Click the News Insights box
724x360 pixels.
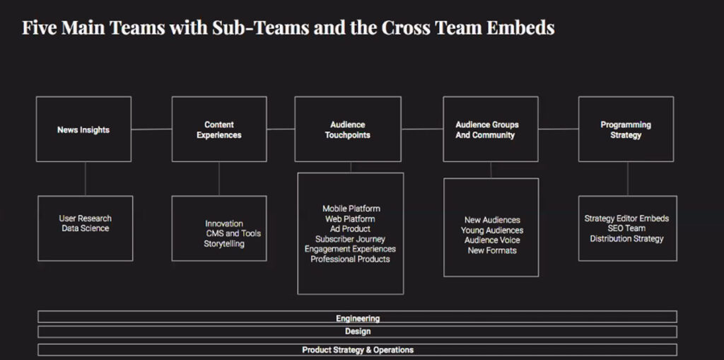[x=83, y=129]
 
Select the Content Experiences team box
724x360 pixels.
[x=219, y=129]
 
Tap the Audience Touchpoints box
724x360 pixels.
[x=347, y=129]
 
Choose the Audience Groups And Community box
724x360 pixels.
[x=486, y=129]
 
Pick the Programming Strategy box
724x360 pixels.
[x=626, y=129]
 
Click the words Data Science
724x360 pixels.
[x=86, y=228]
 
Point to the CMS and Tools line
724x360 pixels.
[x=233, y=233]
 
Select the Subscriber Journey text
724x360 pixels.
[x=350, y=239]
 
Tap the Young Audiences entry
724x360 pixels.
[x=492, y=231]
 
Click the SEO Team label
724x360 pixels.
[x=626, y=228]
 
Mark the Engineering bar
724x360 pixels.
[x=357, y=318]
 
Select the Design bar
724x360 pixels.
[x=357, y=331]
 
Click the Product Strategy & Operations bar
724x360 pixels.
[x=357, y=349]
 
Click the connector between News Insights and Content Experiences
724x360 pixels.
[x=151, y=129]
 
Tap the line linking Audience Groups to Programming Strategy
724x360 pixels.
[x=559, y=129]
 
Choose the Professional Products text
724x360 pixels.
[x=350, y=260]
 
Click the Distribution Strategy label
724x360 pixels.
[x=626, y=239]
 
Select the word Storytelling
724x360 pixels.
[x=224, y=244]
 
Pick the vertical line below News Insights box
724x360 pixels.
[x=84, y=178]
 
